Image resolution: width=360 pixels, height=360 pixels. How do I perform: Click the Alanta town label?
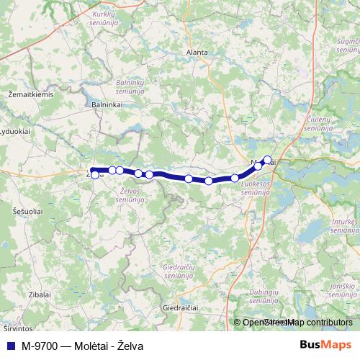tap(197, 53)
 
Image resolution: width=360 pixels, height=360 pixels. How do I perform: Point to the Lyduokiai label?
tap(14, 131)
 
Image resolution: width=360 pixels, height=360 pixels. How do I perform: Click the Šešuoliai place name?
tap(27, 211)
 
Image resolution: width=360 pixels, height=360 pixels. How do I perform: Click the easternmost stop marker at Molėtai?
tap(268, 160)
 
